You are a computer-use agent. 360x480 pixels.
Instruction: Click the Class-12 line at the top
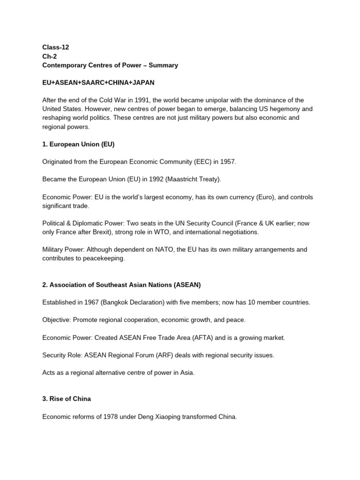[56, 47]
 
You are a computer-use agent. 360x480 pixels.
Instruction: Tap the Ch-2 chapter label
[49, 56]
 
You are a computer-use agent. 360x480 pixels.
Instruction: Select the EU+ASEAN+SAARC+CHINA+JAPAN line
[98, 82]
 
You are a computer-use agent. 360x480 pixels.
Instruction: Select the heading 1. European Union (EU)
[79, 144]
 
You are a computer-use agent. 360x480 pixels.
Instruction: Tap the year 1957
[226, 162]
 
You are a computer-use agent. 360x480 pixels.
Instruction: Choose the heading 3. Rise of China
[67, 398]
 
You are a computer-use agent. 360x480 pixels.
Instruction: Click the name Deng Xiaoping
[157, 416]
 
